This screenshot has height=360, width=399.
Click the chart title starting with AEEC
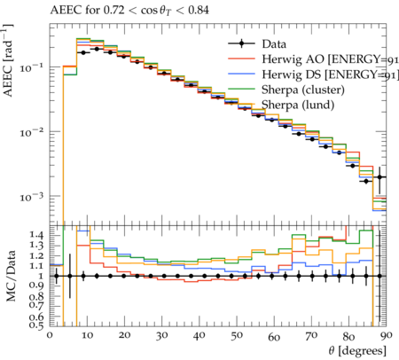[x=129, y=11]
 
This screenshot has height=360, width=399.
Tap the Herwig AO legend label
[x=330, y=59]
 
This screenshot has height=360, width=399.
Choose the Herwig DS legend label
[x=330, y=74]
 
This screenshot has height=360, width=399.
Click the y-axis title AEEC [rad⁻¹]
[x=8, y=60]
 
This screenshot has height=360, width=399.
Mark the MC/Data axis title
[x=11, y=276]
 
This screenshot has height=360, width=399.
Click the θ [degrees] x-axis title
[x=357, y=351]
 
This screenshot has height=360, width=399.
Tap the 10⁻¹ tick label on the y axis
[x=32, y=67]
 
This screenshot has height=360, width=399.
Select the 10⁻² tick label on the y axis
[x=32, y=132]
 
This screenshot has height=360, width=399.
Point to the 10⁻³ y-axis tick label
[x=32, y=197]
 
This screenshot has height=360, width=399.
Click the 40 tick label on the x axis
[x=199, y=335]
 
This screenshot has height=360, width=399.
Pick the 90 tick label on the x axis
[x=387, y=335]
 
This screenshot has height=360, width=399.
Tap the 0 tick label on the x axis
[x=50, y=335]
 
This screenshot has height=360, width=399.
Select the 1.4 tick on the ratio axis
[x=36, y=235]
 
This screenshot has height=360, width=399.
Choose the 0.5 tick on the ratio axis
[x=36, y=325]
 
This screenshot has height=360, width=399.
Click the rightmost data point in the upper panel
[x=379, y=177]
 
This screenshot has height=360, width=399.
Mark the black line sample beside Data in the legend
[x=241, y=44]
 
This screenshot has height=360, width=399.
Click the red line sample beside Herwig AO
[x=241, y=59]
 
